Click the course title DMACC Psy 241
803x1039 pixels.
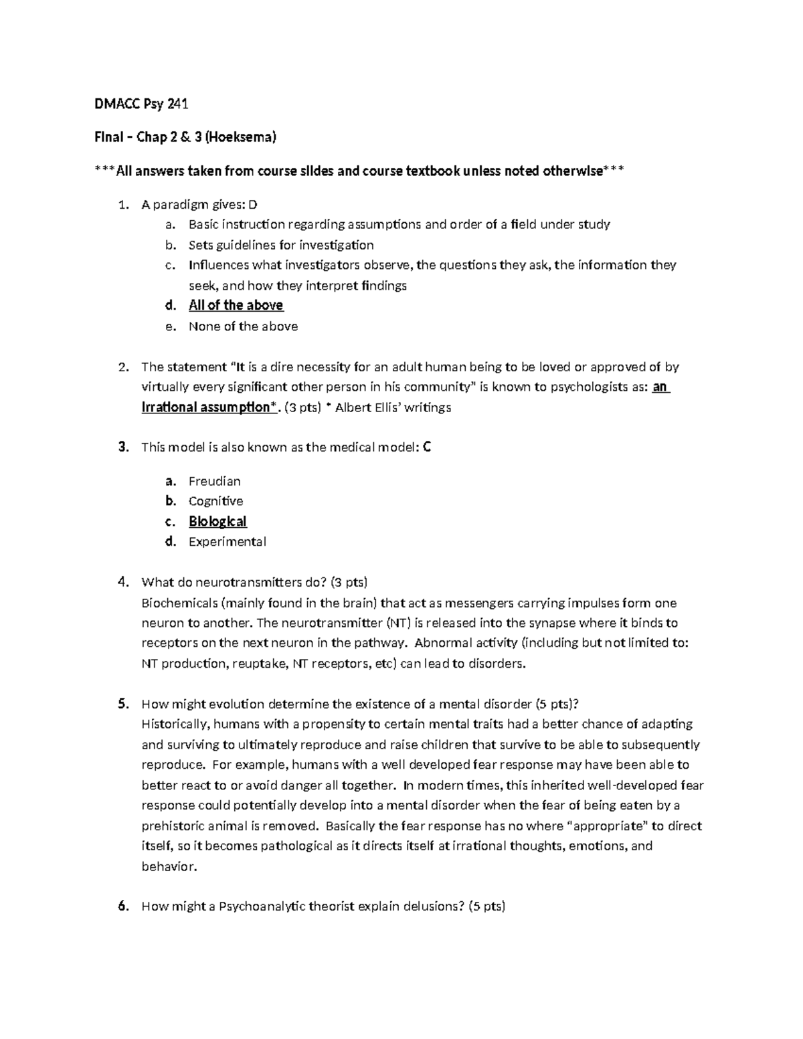click(x=141, y=104)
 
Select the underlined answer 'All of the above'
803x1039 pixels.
click(x=236, y=306)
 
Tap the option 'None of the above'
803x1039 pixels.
click(x=243, y=326)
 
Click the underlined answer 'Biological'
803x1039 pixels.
click(x=217, y=521)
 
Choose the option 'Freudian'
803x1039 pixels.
click(x=214, y=481)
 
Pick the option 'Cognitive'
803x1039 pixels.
click(x=215, y=501)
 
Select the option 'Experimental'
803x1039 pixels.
click(x=227, y=542)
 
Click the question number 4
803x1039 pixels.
click(x=122, y=582)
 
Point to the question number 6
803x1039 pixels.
click(x=122, y=907)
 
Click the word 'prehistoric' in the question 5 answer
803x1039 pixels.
click(x=173, y=826)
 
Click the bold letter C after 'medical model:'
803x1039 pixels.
click(x=428, y=448)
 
